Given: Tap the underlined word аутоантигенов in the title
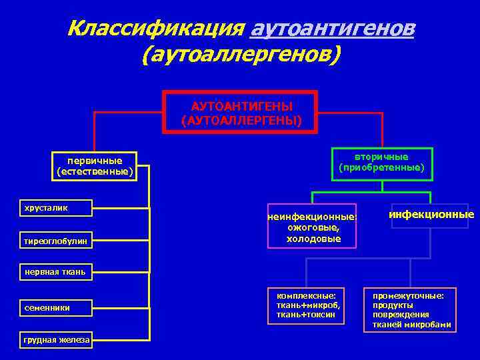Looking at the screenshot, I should (331, 29).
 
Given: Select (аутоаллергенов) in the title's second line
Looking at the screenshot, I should (241, 55).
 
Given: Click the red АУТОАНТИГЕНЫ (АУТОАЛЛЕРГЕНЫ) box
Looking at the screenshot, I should (241, 113).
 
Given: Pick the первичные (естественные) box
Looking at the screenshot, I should (95, 166).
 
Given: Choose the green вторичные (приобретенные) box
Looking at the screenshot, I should (381, 163).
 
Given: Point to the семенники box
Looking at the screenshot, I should (56, 307).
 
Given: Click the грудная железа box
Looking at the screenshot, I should (56, 339).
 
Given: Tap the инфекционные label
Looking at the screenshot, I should (431, 215).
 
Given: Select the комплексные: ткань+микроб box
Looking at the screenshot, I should (307, 305).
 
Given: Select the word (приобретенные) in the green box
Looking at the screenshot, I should (381, 167).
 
